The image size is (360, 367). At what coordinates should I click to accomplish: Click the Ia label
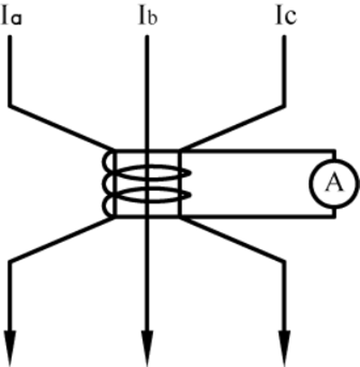pos(12,16)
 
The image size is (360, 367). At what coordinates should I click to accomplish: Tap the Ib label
pos(148,16)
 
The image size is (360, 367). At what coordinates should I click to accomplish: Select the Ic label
pos(286,16)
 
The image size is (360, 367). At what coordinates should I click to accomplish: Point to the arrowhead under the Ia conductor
pos(10,348)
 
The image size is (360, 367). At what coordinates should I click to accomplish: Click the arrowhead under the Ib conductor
pos(147,348)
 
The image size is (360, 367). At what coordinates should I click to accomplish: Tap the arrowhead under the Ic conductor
pos(284,348)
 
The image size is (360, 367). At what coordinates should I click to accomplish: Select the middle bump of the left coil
pos(104,183)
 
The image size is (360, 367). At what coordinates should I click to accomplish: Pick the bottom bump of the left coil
pos(104,205)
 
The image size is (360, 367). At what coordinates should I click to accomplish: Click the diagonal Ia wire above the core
pos(61,128)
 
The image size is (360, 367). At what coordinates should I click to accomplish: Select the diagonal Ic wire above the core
pos(232,128)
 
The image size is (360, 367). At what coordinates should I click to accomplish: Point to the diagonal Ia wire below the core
pos(61,240)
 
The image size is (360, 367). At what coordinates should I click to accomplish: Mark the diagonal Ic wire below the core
pos(232,240)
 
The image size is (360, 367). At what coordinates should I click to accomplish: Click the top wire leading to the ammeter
pos(257,151)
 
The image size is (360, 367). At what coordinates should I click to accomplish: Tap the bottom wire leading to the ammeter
pos(257,216)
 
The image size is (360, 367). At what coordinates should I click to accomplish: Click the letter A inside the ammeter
pos(334,183)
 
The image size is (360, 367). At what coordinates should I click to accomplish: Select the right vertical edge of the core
pos(180,183)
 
